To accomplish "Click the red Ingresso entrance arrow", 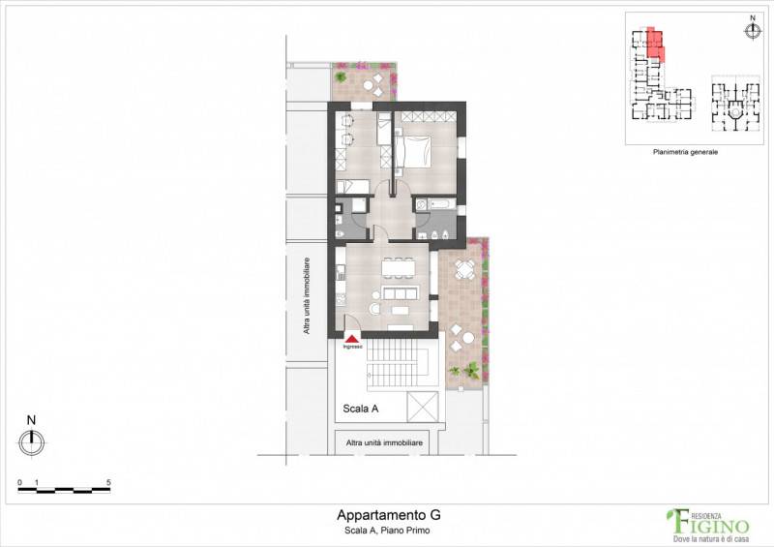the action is [352, 339].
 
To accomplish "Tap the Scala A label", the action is [360, 409].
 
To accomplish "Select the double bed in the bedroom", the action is [413, 152].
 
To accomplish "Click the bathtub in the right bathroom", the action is [439, 203].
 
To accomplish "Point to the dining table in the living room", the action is [399, 269].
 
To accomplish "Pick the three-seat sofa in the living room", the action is [401, 293].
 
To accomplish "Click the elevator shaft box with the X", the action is [423, 407].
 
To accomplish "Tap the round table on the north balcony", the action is [369, 85].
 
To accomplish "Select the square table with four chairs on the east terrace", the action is [464, 269].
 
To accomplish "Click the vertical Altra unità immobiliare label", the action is [307, 296].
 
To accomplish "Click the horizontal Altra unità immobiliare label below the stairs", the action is [384, 442].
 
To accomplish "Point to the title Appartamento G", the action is [389, 515].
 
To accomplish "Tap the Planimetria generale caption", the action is [685, 152].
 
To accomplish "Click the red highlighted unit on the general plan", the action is [655, 44].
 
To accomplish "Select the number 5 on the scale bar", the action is [108, 482].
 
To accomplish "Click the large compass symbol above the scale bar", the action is [32, 442].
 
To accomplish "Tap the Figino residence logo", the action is [708, 525].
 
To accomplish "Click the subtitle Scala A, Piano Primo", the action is [387, 531].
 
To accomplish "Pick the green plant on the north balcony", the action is [341, 76].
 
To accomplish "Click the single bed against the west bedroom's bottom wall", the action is [352, 186].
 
